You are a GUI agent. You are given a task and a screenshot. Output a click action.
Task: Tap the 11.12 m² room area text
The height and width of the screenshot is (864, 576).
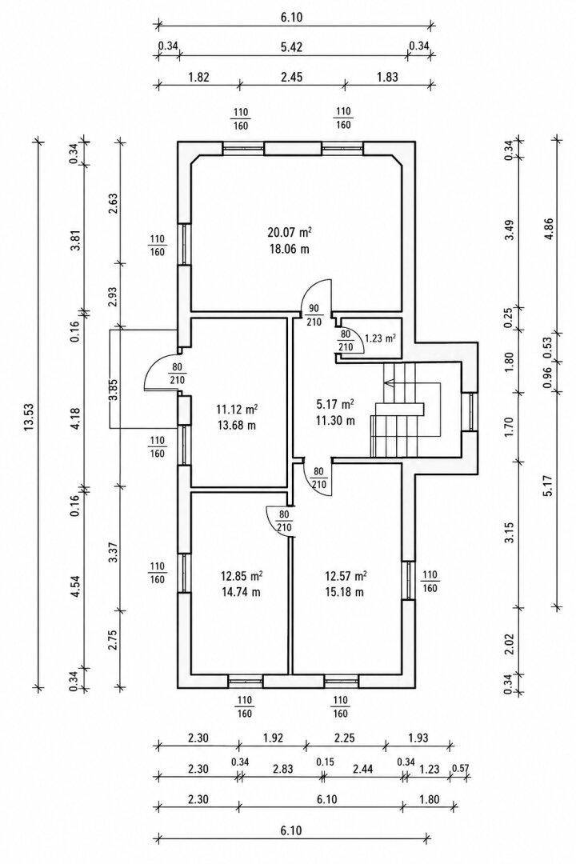coord(238,410)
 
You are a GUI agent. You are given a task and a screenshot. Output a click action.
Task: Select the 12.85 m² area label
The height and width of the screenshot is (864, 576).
coord(241,576)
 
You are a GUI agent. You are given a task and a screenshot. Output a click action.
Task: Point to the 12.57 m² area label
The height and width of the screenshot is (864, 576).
coord(346,576)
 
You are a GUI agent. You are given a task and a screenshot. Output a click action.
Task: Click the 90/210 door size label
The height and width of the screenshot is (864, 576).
coord(314,315)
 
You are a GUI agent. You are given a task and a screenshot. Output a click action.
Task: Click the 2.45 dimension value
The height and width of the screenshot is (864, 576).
coord(291,77)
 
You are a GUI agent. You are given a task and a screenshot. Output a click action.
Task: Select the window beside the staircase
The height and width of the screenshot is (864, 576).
coord(471,412)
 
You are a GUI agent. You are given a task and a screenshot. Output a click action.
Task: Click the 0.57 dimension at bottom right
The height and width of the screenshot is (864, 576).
coord(460,768)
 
